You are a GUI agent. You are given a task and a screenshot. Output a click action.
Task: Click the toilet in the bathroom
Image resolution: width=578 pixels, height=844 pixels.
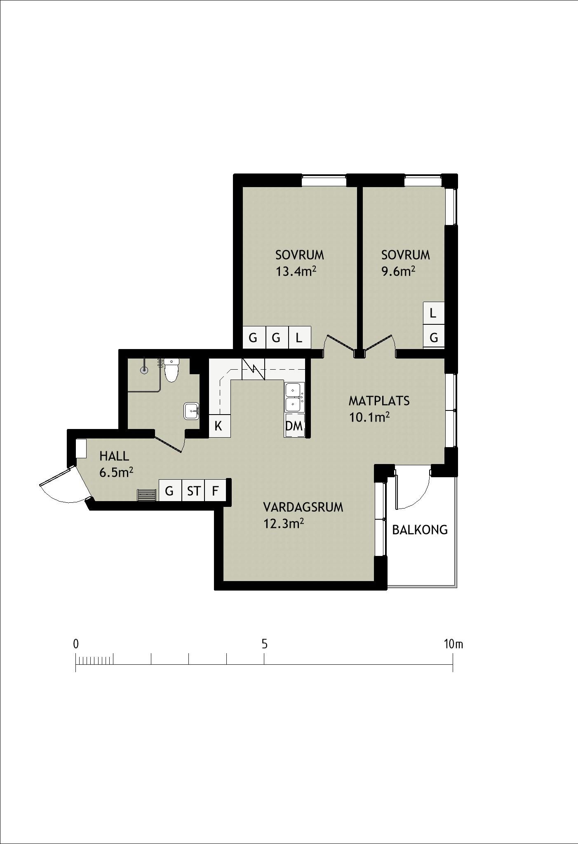pyautogui.click(x=172, y=370)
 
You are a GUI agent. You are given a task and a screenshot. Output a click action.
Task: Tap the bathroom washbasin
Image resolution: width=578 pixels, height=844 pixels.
pyautogui.click(x=192, y=411)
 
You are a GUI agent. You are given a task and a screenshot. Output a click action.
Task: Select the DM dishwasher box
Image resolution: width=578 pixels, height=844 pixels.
pyautogui.click(x=294, y=426)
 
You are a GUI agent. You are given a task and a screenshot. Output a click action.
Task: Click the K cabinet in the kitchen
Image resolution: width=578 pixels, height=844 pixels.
pyautogui.click(x=219, y=426)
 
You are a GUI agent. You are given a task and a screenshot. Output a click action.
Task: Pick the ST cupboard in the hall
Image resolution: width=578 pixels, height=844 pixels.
pyautogui.click(x=193, y=491)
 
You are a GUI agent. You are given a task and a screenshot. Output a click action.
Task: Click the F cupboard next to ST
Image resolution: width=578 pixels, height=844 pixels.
pyautogui.click(x=215, y=491)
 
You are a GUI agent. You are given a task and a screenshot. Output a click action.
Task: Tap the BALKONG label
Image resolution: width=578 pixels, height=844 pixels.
pyautogui.click(x=420, y=530)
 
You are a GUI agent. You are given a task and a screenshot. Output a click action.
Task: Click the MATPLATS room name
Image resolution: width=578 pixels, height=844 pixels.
pyautogui.click(x=379, y=401)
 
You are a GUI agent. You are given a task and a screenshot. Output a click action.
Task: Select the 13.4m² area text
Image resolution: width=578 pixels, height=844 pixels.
pyautogui.click(x=296, y=271)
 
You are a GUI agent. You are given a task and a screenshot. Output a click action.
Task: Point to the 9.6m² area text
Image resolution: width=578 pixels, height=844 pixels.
pyautogui.click(x=398, y=271)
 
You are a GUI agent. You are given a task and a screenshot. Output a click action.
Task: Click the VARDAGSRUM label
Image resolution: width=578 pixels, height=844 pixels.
pyautogui.click(x=303, y=507)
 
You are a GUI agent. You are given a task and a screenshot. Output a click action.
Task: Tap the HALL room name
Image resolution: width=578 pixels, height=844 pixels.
pyautogui.click(x=114, y=456)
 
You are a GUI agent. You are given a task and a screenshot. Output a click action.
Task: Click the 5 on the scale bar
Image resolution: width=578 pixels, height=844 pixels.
pyautogui.click(x=264, y=644)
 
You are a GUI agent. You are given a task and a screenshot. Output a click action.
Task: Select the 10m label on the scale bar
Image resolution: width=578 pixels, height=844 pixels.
pyautogui.click(x=453, y=644)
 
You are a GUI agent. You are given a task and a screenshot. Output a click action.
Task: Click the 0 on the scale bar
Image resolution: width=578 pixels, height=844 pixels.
pyautogui.click(x=76, y=644)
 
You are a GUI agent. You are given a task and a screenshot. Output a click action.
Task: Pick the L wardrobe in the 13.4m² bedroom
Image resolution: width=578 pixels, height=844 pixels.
pyautogui.click(x=299, y=338)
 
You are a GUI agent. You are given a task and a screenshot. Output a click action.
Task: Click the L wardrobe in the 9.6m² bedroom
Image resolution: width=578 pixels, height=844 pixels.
pyautogui.click(x=433, y=313)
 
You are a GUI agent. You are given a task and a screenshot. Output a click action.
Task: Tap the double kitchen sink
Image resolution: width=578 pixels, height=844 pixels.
pyautogui.click(x=294, y=397)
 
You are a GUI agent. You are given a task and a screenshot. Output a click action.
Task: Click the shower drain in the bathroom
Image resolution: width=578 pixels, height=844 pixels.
pyautogui.click(x=144, y=370)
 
